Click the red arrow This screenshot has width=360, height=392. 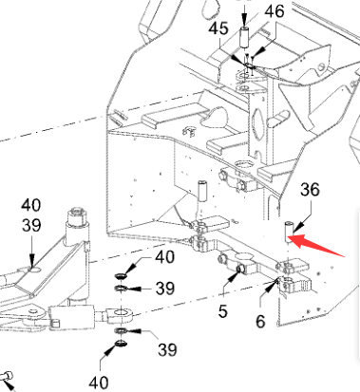click(x=316, y=245)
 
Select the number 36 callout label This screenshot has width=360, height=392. click(x=310, y=190)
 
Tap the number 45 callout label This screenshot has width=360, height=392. click(x=218, y=28)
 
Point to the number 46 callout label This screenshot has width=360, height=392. click(x=275, y=11)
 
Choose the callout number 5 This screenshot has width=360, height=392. click(x=223, y=311)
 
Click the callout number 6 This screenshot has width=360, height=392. click(x=260, y=322)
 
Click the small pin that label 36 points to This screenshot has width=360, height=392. click(x=289, y=233)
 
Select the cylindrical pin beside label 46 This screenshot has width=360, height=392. click(x=244, y=38)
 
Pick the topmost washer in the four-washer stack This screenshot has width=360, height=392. click(x=121, y=276)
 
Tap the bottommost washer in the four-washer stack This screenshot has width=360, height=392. click(x=121, y=343)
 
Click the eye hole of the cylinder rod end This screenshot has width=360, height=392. click(x=121, y=314)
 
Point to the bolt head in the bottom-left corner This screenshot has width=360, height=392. click(x=7, y=377)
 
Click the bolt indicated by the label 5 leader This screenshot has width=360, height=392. click(x=239, y=270)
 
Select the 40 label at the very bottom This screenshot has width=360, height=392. click(x=99, y=383)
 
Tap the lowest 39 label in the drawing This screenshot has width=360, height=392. click(x=167, y=349)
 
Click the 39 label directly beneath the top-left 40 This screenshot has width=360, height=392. click(x=31, y=226)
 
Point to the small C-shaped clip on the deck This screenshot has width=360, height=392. click(x=189, y=132)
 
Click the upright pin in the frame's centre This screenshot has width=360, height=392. click(x=201, y=191)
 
